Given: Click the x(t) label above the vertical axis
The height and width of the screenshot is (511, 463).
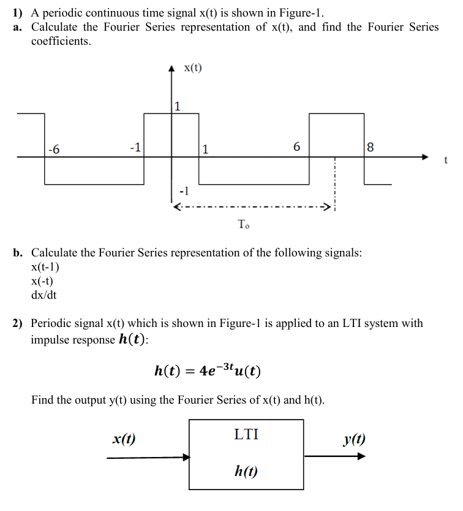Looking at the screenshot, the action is (x=192, y=67).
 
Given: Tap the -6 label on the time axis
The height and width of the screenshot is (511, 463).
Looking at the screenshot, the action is (x=54, y=149).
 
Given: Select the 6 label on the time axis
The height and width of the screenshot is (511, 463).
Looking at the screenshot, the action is (x=297, y=147).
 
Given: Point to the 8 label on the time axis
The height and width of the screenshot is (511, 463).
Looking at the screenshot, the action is (x=369, y=148).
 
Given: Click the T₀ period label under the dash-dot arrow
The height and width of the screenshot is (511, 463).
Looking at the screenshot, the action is (x=243, y=225).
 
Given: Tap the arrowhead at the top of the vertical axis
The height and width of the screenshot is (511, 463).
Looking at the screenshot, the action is (x=171, y=69).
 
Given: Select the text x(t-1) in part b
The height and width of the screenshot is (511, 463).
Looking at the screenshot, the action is (x=45, y=267).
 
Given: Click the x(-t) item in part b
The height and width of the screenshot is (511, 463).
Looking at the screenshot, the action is (x=42, y=281).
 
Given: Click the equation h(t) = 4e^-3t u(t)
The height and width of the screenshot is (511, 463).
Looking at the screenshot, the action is (x=209, y=371).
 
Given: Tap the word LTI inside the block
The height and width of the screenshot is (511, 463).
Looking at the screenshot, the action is (x=246, y=435).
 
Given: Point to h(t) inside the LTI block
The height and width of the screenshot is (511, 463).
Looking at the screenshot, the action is (x=246, y=471).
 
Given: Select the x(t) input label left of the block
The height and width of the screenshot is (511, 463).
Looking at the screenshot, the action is (x=124, y=439).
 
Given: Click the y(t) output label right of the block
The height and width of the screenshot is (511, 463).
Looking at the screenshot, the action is (x=355, y=439).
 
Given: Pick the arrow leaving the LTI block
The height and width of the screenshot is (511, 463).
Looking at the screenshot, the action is (x=335, y=456).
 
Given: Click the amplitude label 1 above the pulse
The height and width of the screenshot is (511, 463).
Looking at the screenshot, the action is (x=177, y=107).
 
